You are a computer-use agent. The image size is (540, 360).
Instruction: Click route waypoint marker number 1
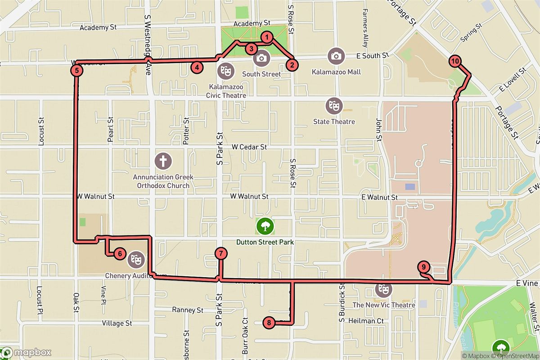[267, 37]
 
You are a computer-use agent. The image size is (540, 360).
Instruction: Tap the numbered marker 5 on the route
[77, 70]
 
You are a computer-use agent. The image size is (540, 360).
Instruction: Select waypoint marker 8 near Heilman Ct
[269, 322]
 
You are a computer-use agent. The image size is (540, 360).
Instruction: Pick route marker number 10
[454, 61]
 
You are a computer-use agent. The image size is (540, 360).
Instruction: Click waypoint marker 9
[423, 266]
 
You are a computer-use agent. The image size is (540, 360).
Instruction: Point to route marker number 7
[220, 254]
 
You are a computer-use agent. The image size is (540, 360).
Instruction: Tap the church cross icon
[163, 160]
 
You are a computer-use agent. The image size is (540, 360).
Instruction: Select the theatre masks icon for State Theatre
[334, 105]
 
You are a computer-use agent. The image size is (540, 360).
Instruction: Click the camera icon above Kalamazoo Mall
[336, 56]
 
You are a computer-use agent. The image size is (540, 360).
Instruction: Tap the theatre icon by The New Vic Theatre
[383, 289]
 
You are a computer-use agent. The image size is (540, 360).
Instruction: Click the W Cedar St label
[249, 147]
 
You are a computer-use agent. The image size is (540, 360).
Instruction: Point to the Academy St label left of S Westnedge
[98, 27]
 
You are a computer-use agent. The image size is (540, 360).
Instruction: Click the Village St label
[117, 323]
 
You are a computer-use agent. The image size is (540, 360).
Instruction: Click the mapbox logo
[26, 352]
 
